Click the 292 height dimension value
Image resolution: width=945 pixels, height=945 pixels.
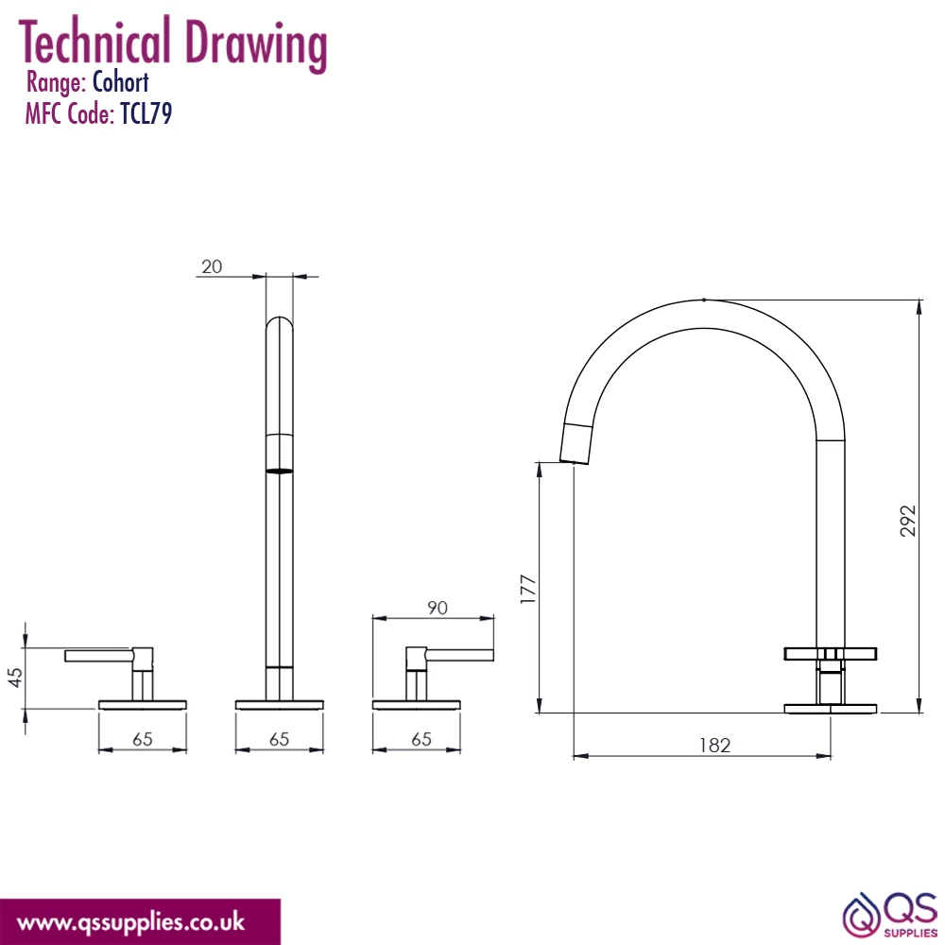click(x=907, y=521)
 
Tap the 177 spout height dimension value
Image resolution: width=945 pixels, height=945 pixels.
click(x=527, y=589)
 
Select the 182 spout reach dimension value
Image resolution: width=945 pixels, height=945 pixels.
click(x=714, y=746)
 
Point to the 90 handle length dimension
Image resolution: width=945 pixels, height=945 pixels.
click(x=438, y=608)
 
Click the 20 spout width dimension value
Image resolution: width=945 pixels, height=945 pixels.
click(x=212, y=266)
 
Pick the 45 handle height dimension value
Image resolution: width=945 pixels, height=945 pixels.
click(x=16, y=677)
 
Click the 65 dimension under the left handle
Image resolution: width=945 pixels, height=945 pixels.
click(x=143, y=739)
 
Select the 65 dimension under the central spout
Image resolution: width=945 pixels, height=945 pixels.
click(x=279, y=739)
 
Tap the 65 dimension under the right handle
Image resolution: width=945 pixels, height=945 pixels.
click(x=421, y=739)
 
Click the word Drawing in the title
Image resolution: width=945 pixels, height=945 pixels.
click(x=256, y=43)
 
